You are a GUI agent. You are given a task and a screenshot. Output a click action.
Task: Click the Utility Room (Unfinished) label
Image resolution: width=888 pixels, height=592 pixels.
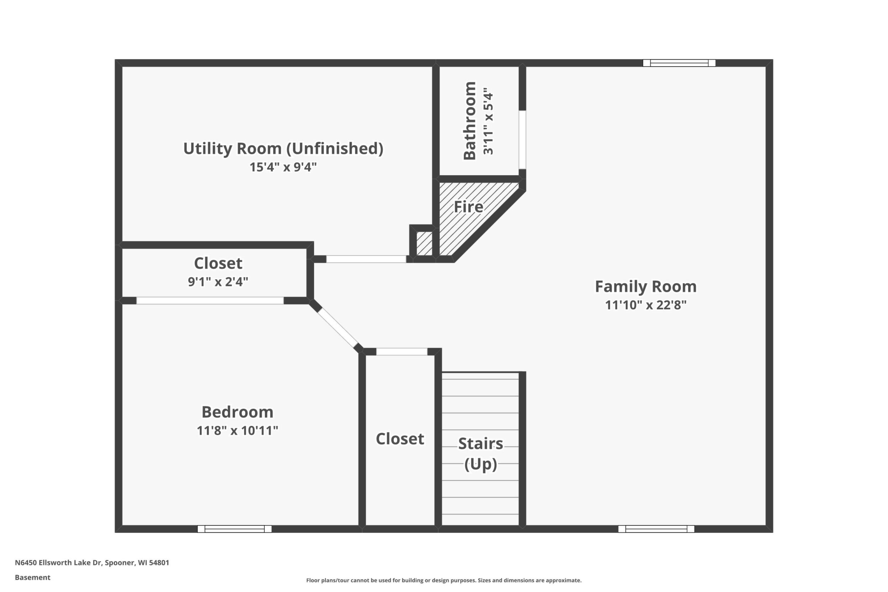click(283, 149)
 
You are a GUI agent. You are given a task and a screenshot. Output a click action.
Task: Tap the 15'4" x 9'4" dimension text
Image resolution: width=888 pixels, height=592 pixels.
click(283, 167)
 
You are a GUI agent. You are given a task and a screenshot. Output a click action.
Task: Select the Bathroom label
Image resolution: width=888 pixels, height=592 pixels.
click(470, 121)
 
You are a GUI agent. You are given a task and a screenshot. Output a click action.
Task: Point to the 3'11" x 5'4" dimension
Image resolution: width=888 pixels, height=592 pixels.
click(488, 122)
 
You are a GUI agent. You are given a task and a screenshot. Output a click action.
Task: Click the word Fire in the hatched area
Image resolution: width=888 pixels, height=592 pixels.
click(468, 207)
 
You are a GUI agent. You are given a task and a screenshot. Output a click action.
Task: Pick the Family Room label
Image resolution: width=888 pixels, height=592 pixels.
click(646, 286)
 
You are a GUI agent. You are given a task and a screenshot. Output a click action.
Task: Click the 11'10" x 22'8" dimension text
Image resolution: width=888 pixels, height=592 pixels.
click(646, 305)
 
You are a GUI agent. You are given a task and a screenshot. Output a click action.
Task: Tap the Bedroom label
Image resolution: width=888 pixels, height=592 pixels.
click(238, 412)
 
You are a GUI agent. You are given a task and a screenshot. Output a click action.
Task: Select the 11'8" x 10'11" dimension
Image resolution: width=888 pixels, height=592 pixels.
click(238, 430)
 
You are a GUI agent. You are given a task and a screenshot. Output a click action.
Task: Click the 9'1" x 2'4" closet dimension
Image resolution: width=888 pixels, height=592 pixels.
click(218, 282)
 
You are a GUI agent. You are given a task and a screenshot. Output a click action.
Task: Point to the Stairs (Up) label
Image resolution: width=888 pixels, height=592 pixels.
click(481, 454)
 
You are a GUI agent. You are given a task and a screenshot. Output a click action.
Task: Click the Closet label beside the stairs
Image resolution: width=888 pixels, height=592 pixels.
click(400, 439)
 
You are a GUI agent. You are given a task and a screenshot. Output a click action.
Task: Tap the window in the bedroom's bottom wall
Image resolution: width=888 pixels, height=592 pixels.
click(234, 529)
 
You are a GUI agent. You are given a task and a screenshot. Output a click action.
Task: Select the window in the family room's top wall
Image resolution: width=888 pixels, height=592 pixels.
click(679, 63)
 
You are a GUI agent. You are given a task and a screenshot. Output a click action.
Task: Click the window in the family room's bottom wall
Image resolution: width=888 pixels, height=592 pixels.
click(656, 529)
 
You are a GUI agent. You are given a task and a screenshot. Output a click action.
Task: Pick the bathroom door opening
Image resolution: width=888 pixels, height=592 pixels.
click(522, 140)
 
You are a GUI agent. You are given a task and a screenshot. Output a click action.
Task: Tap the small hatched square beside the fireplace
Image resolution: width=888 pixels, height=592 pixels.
click(424, 243)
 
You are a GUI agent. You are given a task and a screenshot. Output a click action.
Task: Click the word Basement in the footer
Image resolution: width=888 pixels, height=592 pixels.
click(32, 577)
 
